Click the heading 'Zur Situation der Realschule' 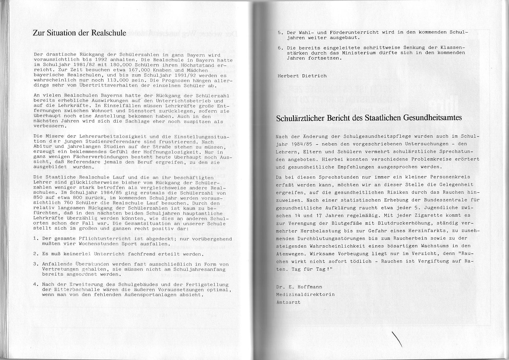[79, 33]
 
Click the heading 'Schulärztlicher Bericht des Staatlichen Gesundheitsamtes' [369, 118]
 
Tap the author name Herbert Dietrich [302, 76]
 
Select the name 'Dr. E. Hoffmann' [299, 287]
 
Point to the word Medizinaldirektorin [305, 294]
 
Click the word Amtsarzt [288, 302]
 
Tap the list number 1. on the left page [36, 239]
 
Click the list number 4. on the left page [36, 285]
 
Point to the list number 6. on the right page [280, 48]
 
